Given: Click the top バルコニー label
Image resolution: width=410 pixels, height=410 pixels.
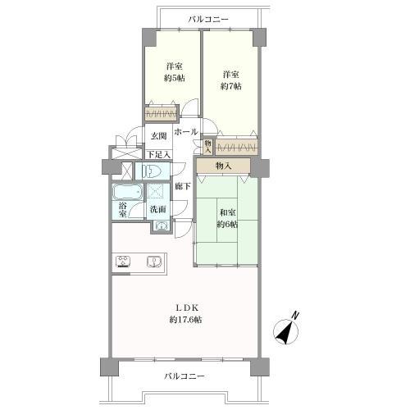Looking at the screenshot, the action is [208, 20].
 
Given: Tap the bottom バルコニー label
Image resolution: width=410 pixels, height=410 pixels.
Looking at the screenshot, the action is [184, 376].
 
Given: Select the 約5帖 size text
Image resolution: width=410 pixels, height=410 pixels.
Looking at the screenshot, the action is [175, 78].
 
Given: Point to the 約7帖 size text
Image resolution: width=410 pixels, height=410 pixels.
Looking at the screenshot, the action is [231, 86].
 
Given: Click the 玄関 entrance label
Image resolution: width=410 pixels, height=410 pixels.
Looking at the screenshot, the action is [159, 136].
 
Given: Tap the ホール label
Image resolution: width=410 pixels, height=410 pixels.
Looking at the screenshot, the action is [186, 132].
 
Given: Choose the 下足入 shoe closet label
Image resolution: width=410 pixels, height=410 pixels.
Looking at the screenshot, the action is [159, 155].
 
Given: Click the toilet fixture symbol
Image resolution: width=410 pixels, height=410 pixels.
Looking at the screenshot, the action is [152, 171].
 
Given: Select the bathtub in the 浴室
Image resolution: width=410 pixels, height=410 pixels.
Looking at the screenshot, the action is [127, 192].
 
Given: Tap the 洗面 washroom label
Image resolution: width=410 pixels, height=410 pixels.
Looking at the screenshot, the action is [158, 210].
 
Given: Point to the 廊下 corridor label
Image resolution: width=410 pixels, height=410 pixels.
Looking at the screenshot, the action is [183, 186].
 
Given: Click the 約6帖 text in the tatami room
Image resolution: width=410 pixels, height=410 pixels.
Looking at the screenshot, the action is [227, 225].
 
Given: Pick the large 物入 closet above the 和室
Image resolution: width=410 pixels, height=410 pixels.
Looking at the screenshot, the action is [223, 166].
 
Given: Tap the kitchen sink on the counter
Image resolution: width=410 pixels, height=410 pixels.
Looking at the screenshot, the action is [154, 262].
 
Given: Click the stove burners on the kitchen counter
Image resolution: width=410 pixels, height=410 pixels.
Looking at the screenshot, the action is [123, 262].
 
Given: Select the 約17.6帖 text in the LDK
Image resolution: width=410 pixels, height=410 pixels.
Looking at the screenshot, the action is [186, 320].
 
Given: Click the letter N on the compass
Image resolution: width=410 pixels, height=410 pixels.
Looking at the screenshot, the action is [294, 315].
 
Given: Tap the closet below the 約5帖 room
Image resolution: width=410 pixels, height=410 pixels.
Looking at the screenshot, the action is [161, 113].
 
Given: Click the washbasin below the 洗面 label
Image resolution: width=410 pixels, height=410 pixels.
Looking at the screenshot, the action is [162, 226].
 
